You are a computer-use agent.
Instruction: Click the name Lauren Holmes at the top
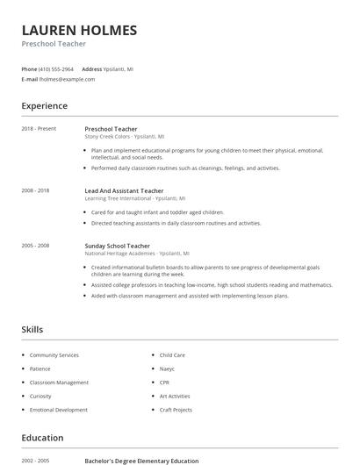(79, 31)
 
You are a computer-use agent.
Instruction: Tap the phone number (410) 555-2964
(57, 68)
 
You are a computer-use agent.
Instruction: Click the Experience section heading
(44, 106)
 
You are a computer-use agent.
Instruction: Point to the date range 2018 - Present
(39, 129)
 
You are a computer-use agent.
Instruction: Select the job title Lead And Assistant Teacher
(124, 190)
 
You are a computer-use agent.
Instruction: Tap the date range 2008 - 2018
(35, 190)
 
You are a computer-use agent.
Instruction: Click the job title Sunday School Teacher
(117, 247)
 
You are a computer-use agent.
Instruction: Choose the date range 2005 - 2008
(35, 247)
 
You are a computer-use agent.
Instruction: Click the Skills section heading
(32, 330)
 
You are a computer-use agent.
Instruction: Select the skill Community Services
(54, 355)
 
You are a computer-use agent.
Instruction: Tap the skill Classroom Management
(59, 383)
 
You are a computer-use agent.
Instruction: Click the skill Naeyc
(168, 368)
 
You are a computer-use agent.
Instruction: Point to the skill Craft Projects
(176, 410)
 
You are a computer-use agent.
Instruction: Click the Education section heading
(42, 438)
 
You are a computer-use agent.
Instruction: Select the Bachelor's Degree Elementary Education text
(141, 461)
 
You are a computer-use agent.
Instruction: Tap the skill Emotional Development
(58, 410)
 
